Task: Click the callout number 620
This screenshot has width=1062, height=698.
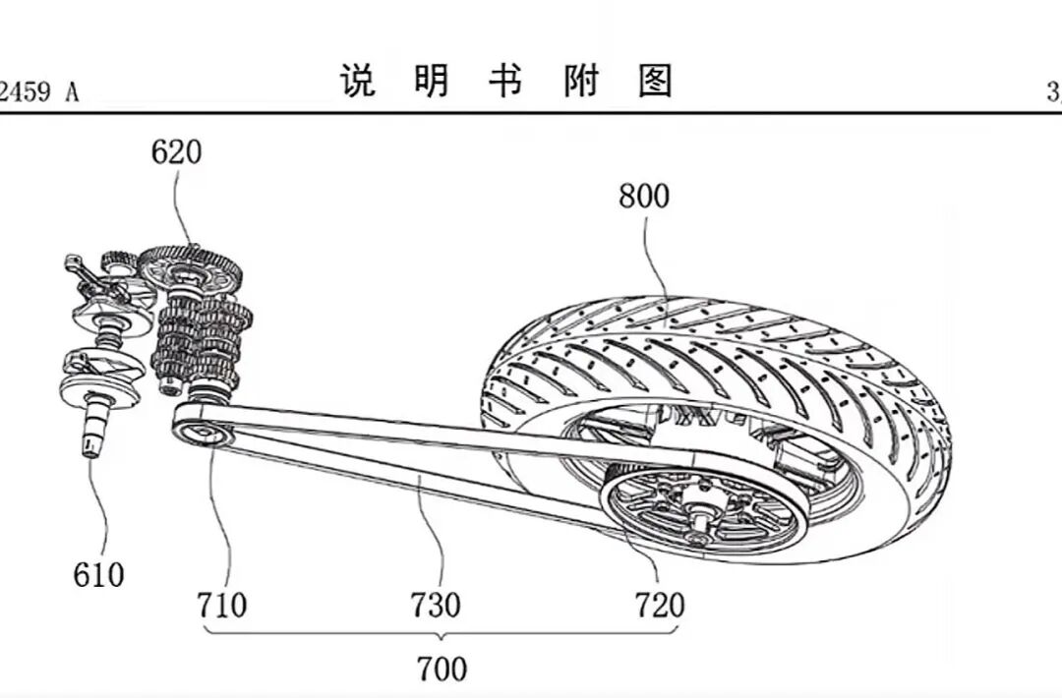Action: (176, 152)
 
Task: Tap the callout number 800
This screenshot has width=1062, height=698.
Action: (644, 197)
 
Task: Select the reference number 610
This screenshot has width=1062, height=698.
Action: (98, 574)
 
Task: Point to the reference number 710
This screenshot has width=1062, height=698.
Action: (221, 605)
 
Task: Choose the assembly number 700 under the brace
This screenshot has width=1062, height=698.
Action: (442, 669)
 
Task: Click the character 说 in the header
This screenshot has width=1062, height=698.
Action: (359, 81)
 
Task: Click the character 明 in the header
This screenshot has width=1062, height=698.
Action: (432, 81)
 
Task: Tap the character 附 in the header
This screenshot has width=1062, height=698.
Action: (581, 81)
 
